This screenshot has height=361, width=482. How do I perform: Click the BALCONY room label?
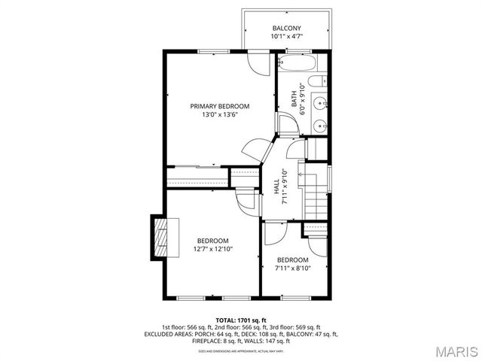point(286,29)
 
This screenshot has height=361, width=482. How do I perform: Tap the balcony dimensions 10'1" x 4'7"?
point(286,37)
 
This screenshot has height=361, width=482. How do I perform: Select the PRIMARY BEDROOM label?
point(219,107)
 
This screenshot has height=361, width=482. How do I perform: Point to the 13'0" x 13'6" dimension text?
point(219,115)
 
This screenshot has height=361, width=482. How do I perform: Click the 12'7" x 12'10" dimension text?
point(212,249)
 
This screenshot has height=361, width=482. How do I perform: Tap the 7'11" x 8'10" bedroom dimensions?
point(292,268)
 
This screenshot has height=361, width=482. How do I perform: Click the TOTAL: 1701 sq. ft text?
point(241,320)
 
